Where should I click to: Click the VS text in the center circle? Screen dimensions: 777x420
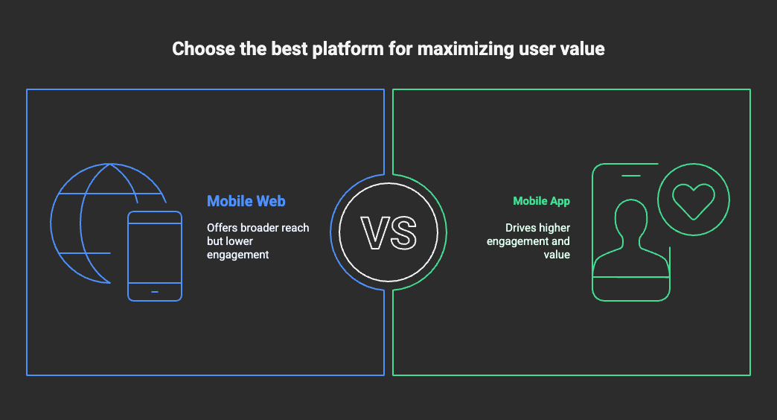point(388,232)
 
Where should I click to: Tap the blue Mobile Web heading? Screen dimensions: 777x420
point(246,201)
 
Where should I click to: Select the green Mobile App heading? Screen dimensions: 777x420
point(541,201)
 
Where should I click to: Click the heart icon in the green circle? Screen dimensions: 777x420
point(693,201)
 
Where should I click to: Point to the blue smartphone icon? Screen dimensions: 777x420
point(155,256)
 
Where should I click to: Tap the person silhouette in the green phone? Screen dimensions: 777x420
point(631,238)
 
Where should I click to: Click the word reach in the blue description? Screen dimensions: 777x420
point(295,228)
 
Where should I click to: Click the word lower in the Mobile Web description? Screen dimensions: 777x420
point(240,241)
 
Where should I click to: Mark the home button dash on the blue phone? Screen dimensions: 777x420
point(155,292)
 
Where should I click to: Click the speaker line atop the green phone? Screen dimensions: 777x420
point(631,176)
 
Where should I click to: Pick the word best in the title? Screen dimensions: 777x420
point(290,48)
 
